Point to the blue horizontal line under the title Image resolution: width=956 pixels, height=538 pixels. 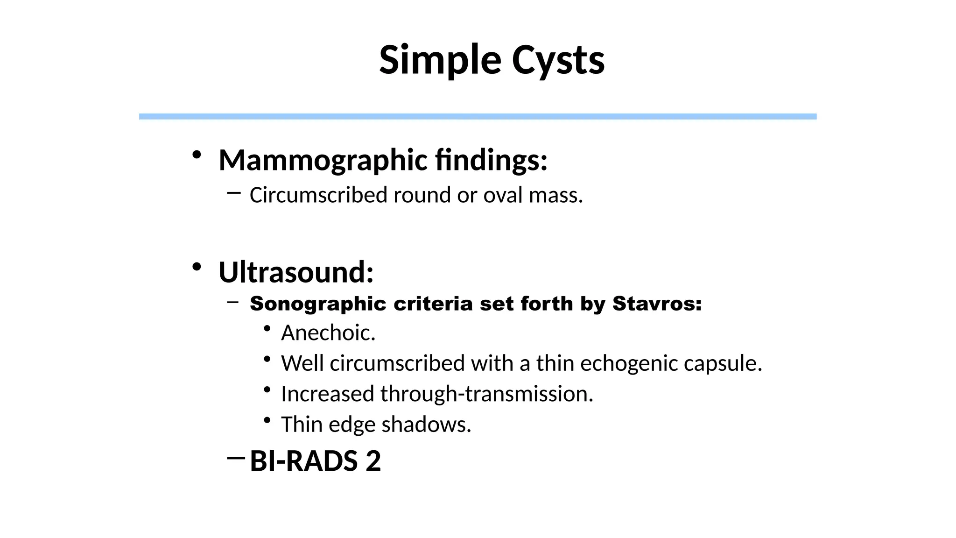(478, 116)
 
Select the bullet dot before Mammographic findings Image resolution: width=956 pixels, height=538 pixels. (197, 155)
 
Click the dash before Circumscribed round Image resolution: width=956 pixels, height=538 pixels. (234, 192)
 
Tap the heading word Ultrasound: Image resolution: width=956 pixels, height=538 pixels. (296, 272)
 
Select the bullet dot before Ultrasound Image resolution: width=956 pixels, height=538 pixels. (197, 267)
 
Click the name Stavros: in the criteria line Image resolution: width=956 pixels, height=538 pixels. (657, 304)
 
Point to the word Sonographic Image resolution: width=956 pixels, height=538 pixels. (318, 304)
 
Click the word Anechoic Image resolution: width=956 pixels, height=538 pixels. (328, 333)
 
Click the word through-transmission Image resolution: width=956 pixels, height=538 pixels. (486, 394)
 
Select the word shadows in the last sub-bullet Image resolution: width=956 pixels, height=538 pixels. (426, 425)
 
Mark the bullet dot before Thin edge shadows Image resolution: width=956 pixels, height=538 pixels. (267, 420)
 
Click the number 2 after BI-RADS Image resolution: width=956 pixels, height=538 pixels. (373, 461)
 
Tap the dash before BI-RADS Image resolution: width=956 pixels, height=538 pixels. (236, 458)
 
